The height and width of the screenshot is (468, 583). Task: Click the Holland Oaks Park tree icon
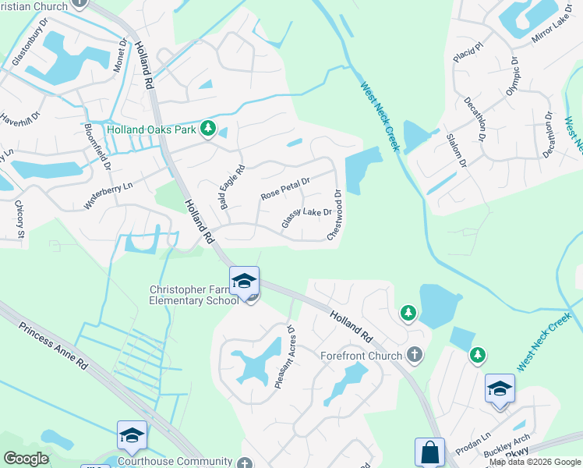pyautogui.click(x=208, y=128)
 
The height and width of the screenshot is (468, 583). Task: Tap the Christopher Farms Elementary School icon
pyautogui.click(x=244, y=281)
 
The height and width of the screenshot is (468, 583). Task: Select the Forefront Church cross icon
pyautogui.click(x=415, y=355)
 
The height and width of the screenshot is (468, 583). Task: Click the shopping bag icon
pyautogui.click(x=429, y=452)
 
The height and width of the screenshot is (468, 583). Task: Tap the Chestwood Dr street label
pyautogui.click(x=336, y=214)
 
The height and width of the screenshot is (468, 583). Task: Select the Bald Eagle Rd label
pyautogui.click(x=232, y=186)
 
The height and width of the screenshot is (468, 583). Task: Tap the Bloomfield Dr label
pyautogui.click(x=98, y=146)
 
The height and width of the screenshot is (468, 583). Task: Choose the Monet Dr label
pyautogui.click(x=119, y=55)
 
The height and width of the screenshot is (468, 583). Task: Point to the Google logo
pyautogui.click(x=26, y=459)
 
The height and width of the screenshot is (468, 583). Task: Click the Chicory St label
pyautogui.click(x=20, y=219)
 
